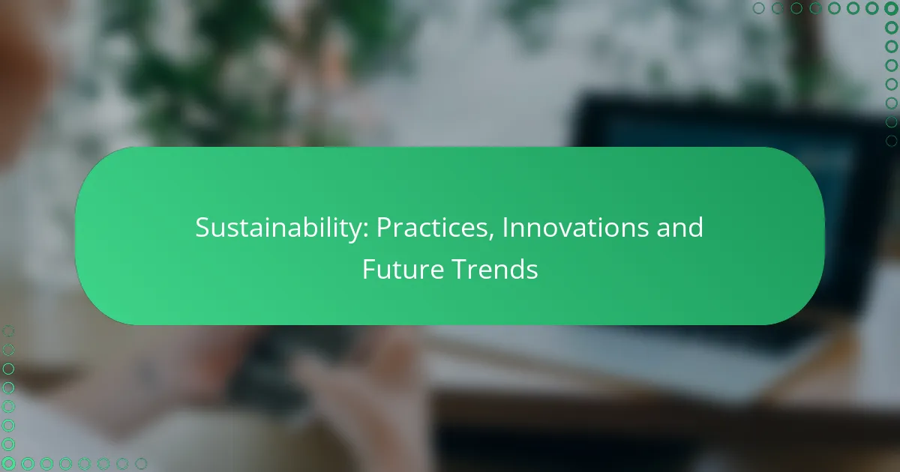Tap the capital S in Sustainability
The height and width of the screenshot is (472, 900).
202,228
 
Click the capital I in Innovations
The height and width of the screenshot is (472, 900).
504,228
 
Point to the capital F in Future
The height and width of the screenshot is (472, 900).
368,269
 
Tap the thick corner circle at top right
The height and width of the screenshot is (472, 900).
891,9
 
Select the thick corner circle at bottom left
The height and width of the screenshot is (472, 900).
8,464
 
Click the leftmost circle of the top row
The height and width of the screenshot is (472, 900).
759,9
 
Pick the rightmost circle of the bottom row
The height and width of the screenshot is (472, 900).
140,464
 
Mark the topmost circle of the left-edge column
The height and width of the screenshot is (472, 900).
8,330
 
